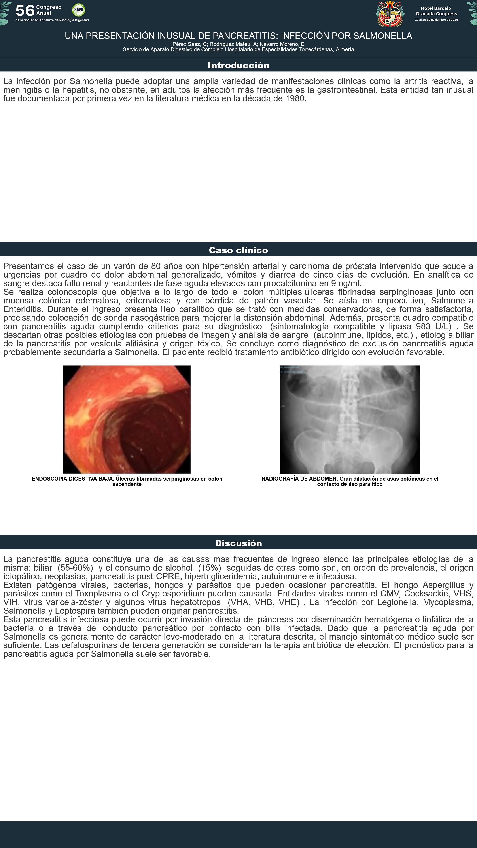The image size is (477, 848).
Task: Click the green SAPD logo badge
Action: tap(78, 10)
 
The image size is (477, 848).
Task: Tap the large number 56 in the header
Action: tap(25, 11)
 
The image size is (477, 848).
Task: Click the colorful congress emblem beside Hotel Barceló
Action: tap(390, 13)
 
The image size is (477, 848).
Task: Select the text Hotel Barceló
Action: tap(436, 8)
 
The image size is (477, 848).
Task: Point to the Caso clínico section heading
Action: tap(238, 250)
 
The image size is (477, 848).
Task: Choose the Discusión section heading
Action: tap(238, 543)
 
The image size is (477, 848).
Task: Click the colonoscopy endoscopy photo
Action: tap(127, 419)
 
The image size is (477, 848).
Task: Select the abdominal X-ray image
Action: tap(350, 419)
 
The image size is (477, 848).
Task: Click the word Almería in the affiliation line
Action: tap(345, 49)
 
